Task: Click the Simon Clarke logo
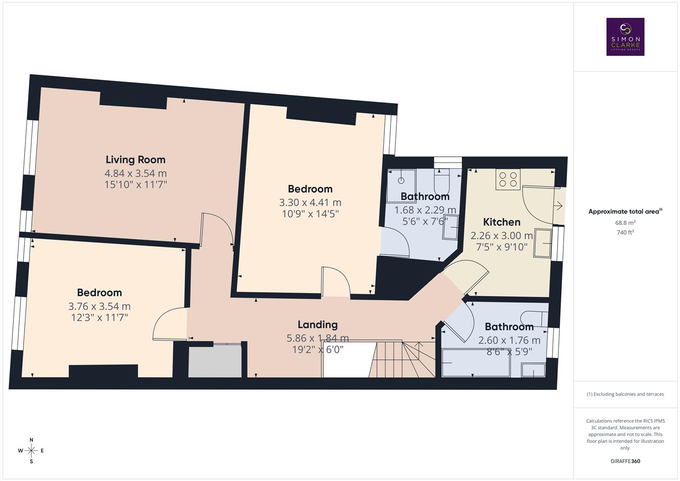click(625, 37)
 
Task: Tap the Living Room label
click(135, 159)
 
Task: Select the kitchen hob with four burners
click(508, 179)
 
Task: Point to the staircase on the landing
click(401, 359)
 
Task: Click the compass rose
click(31, 450)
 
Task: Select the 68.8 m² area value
click(625, 222)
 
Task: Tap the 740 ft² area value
click(625, 232)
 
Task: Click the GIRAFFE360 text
click(625, 461)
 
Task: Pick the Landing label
click(318, 325)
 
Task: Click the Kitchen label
click(501, 222)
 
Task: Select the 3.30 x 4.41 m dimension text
click(310, 202)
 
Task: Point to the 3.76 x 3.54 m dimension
click(99, 306)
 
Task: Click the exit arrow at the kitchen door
click(558, 206)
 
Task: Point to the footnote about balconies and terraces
click(625, 394)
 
